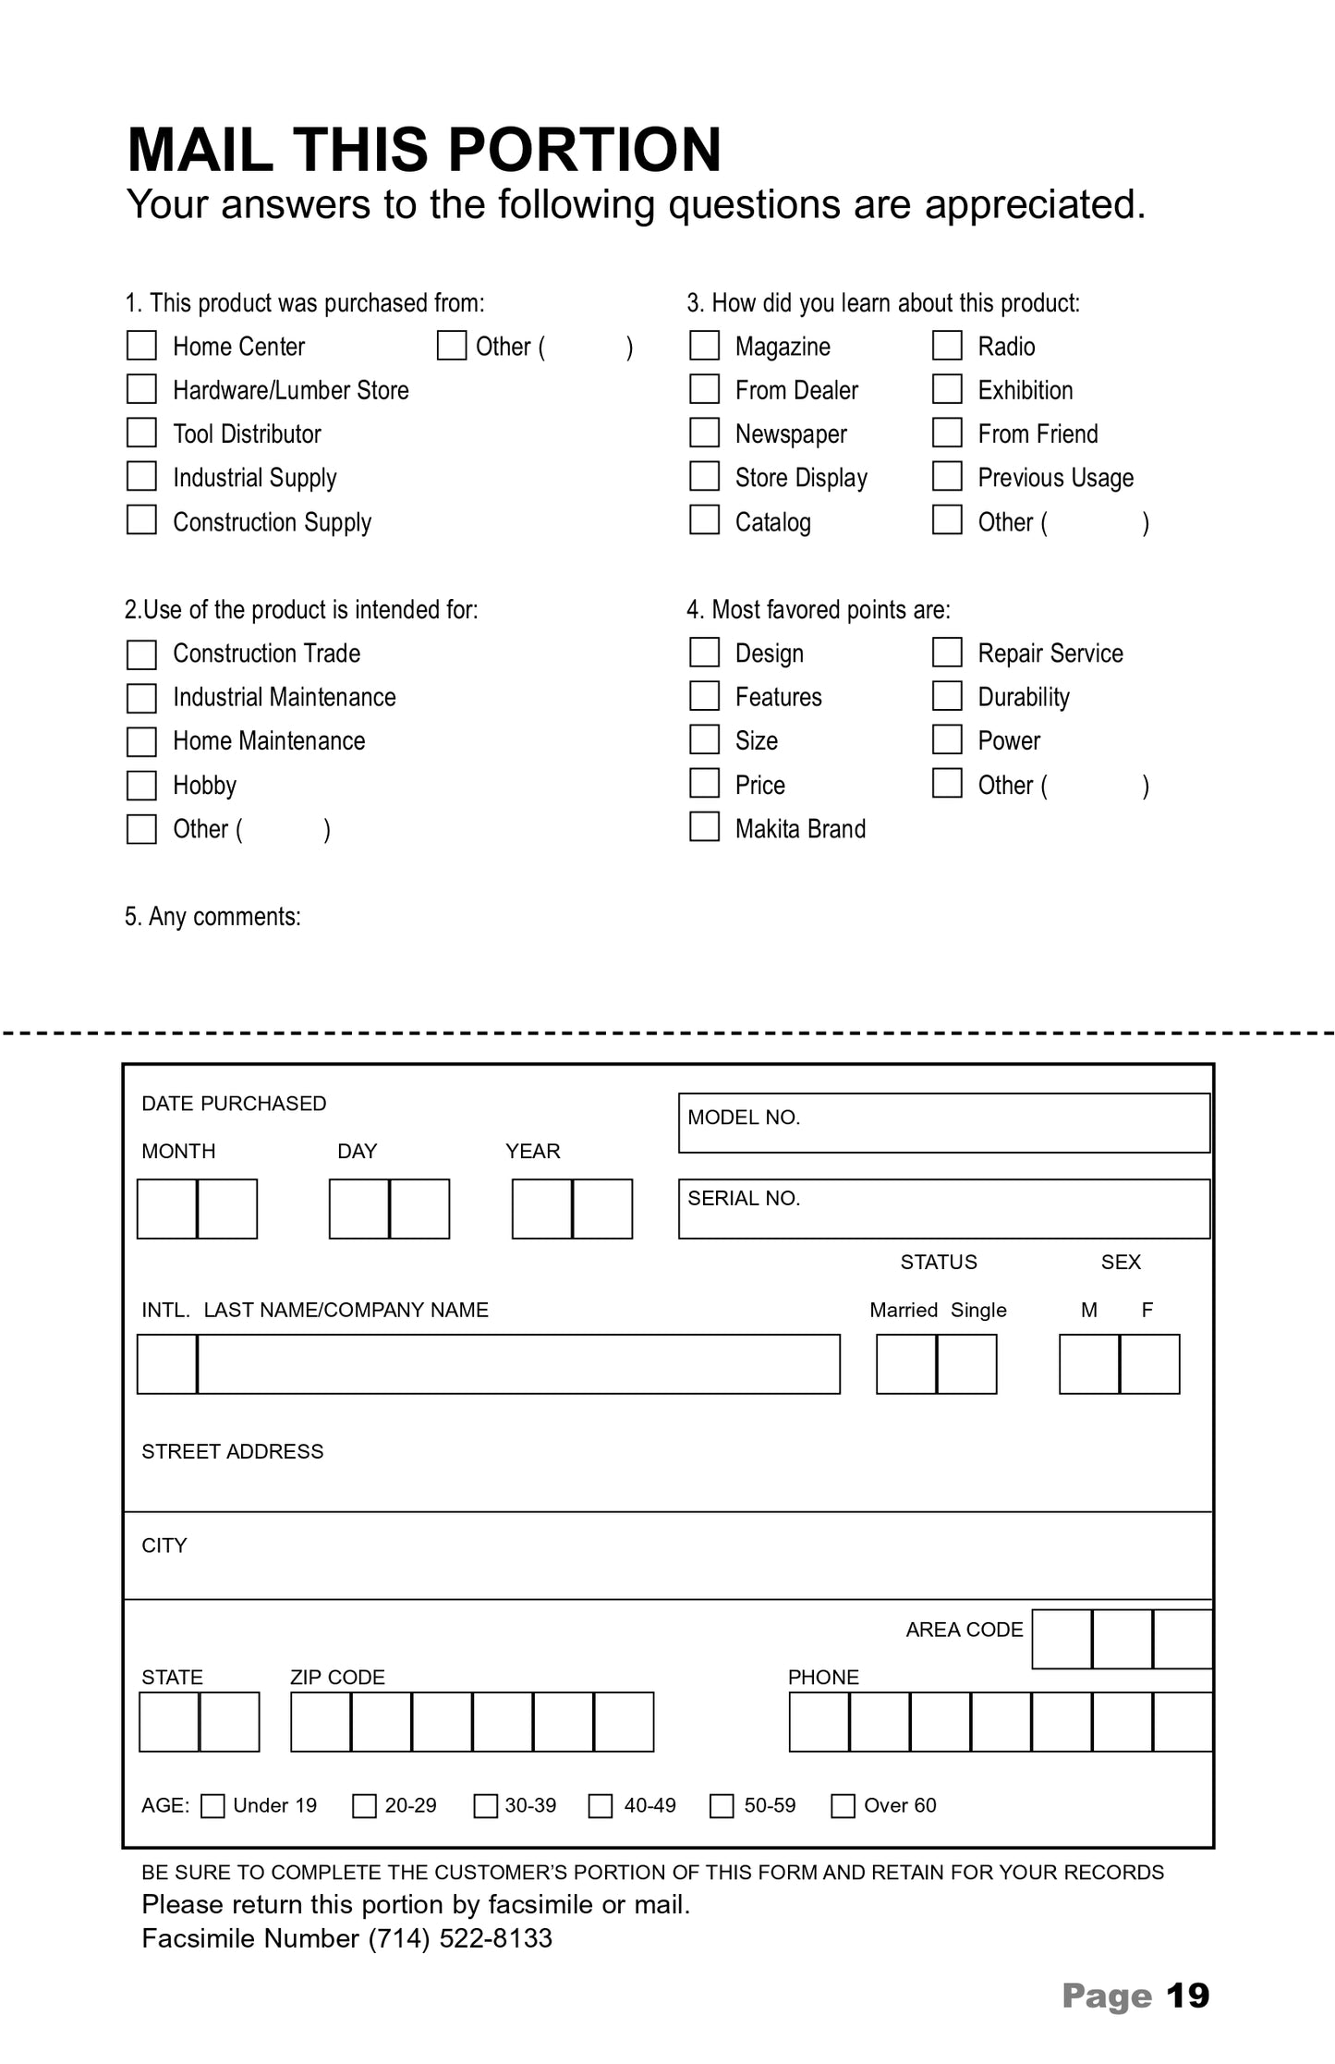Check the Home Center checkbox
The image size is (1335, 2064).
pyautogui.click(x=141, y=346)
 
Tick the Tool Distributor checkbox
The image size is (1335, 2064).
pyautogui.click(x=141, y=433)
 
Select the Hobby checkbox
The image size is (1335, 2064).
pyautogui.click(x=141, y=785)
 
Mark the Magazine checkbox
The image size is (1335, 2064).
pyautogui.click(x=704, y=346)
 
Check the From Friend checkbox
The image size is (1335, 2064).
pyautogui.click(x=947, y=433)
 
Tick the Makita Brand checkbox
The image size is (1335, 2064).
pyautogui.click(x=704, y=827)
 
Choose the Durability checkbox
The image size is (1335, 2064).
pyautogui.click(x=947, y=696)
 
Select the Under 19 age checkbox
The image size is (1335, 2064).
pyautogui.click(x=212, y=1805)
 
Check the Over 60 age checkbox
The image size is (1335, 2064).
pyautogui.click(x=843, y=1805)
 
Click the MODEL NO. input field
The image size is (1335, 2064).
pyautogui.click(x=943, y=1123)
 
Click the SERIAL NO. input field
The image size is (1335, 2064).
pyautogui.click(x=943, y=1208)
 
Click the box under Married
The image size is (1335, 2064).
pyautogui.click(x=906, y=1363)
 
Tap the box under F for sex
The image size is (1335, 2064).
pyautogui.click(x=1149, y=1363)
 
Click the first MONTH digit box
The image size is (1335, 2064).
pyautogui.click(x=167, y=1208)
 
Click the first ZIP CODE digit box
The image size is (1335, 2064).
pyautogui.click(x=321, y=1721)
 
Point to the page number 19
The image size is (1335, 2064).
pyautogui.click(x=1187, y=1996)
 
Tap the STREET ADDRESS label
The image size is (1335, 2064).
pyautogui.click(x=233, y=1451)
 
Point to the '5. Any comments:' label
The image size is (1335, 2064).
pyautogui.click(x=213, y=916)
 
